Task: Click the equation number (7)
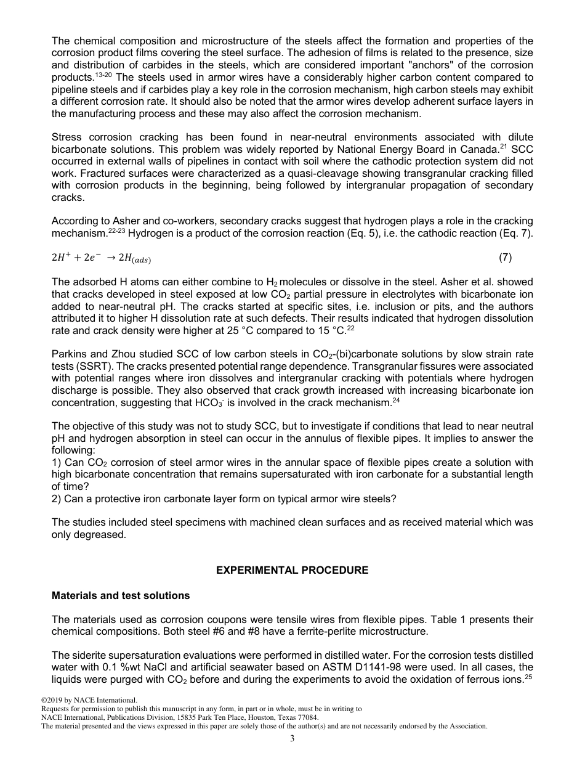[x=505, y=258]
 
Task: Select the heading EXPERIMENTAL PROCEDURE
[x=292, y=570]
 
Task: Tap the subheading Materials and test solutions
[x=121, y=595]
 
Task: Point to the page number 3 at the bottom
[x=292, y=739]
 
